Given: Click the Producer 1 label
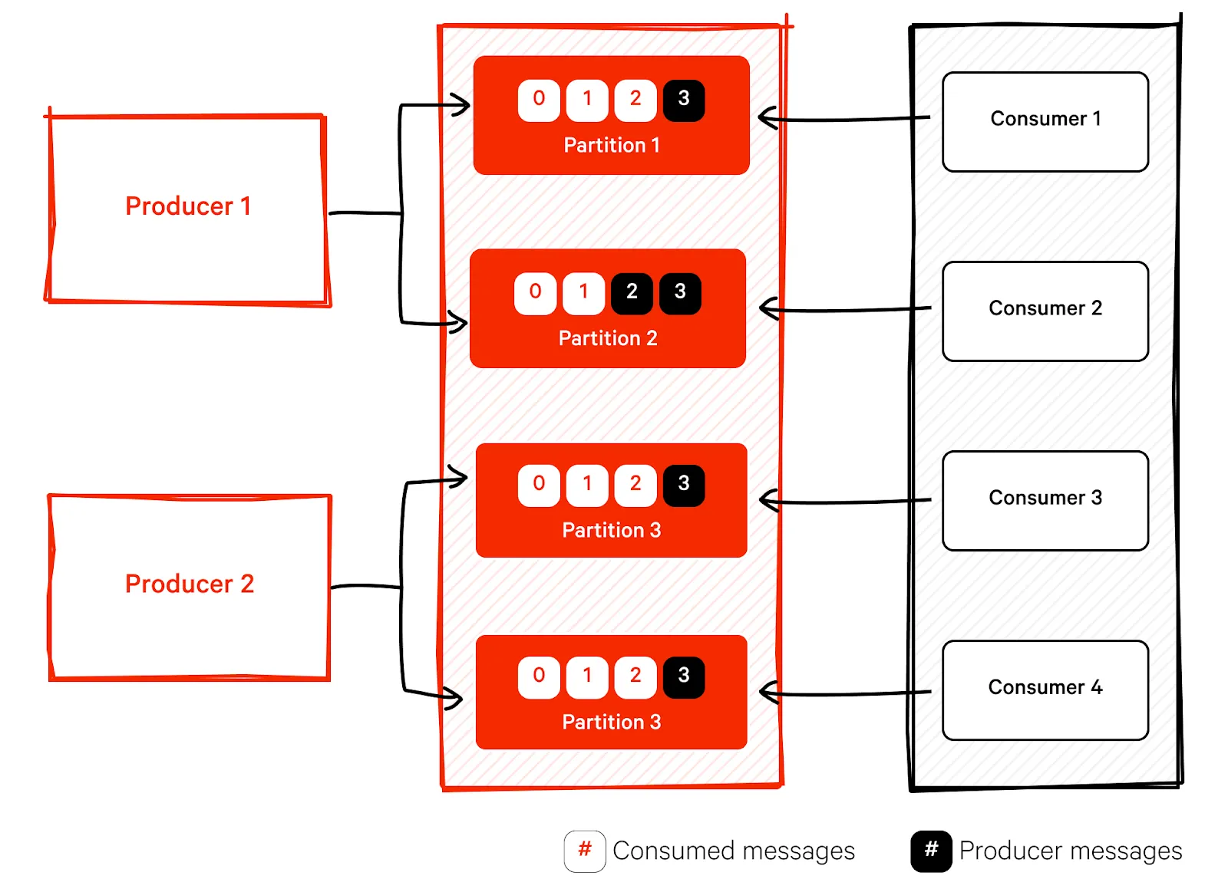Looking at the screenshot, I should click(188, 206).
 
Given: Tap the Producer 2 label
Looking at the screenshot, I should click(189, 584).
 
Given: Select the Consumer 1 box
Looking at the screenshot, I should click(1045, 121).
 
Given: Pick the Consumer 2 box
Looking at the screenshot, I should click(1045, 311).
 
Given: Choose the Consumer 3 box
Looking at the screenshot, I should click(1045, 500).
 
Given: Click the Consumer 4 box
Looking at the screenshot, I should click(1045, 690).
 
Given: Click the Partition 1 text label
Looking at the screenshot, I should click(612, 145).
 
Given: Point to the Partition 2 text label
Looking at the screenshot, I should click(608, 338).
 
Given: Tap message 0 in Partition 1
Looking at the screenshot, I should click(539, 100).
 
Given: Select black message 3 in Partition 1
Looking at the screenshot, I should click(683, 100).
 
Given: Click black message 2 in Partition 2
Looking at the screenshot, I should click(632, 293).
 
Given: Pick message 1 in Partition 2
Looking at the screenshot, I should click(583, 293).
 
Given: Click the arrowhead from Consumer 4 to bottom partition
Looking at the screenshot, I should click(767, 693).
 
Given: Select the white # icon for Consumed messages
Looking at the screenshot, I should click(585, 851).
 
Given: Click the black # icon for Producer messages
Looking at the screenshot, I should click(931, 851).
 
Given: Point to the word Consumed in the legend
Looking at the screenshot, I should click(673, 851).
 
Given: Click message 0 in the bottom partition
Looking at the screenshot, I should click(539, 676).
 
